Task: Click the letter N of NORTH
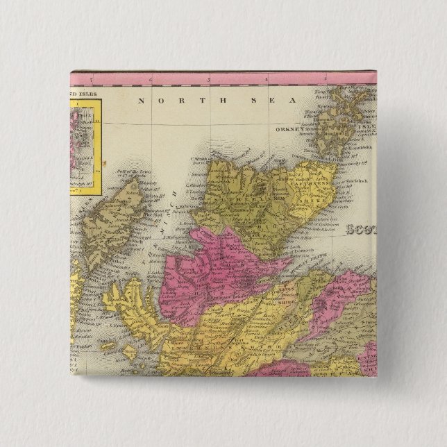141,101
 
